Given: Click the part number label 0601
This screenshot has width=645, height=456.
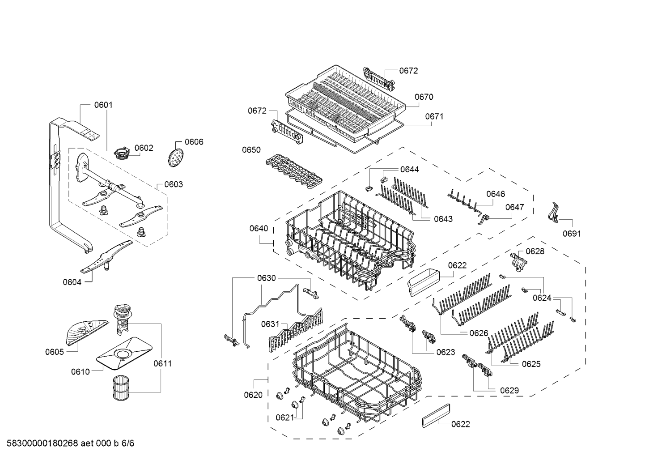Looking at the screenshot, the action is (103, 105).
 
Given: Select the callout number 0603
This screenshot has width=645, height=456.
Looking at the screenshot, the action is (174, 184).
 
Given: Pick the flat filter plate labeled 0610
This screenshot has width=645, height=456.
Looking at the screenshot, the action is (124, 354).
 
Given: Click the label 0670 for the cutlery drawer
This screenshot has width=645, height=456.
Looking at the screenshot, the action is (424, 97).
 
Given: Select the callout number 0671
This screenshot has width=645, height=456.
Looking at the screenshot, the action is (434, 116).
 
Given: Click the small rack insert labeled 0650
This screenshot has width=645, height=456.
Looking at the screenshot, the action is (294, 171).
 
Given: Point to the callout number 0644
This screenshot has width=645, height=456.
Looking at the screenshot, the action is (410, 170).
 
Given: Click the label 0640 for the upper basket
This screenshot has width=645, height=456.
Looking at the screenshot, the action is (259, 228).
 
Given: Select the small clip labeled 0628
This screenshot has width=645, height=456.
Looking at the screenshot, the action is (518, 261).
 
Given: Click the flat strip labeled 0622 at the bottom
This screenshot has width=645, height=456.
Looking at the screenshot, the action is (436, 416).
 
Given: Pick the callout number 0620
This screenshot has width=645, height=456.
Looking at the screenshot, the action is (253, 395).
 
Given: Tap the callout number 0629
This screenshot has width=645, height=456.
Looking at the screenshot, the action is (509, 391).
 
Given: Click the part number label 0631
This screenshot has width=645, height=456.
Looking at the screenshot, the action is (270, 324).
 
